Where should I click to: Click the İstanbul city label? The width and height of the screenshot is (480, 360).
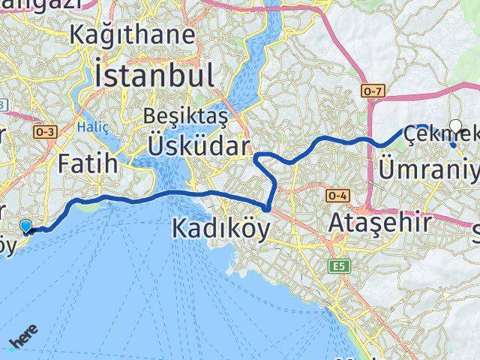click(x=154, y=76)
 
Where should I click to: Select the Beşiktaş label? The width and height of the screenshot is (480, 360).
click(x=184, y=116)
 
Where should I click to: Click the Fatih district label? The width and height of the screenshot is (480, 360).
click(x=88, y=162)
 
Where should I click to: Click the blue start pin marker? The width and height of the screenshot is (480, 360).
click(x=27, y=226)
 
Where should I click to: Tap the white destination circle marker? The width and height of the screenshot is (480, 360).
click(x=455, y=126)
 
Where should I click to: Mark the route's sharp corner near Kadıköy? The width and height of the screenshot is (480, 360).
click(x=268, y=208)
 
